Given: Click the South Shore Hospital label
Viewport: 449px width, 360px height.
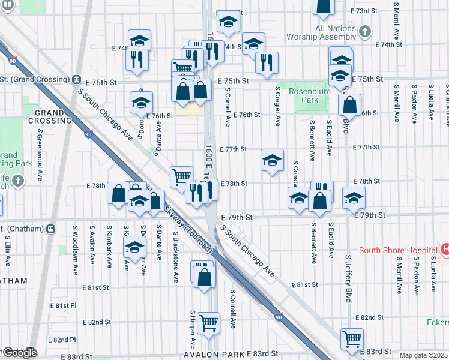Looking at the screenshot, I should coord(398,250).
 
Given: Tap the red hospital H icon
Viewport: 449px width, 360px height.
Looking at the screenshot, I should coord(445,249).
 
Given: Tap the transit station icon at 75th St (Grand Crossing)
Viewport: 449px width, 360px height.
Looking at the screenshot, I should coord(77,79).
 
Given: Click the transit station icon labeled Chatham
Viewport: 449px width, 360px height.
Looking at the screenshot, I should coord(52,228).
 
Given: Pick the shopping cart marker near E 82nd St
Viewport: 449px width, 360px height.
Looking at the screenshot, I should coord(208,323).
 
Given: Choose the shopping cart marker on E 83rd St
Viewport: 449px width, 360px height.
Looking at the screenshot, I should coord(351,338).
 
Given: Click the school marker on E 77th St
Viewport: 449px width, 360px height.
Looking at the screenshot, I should coord(271,160).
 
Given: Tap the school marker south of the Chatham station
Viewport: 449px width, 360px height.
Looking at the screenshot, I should coord(134,247).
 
